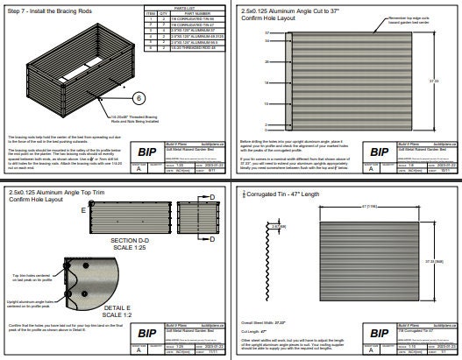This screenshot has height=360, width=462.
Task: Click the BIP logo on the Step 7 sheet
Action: point(147,151)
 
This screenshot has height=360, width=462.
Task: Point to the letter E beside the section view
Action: point(83,211)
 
